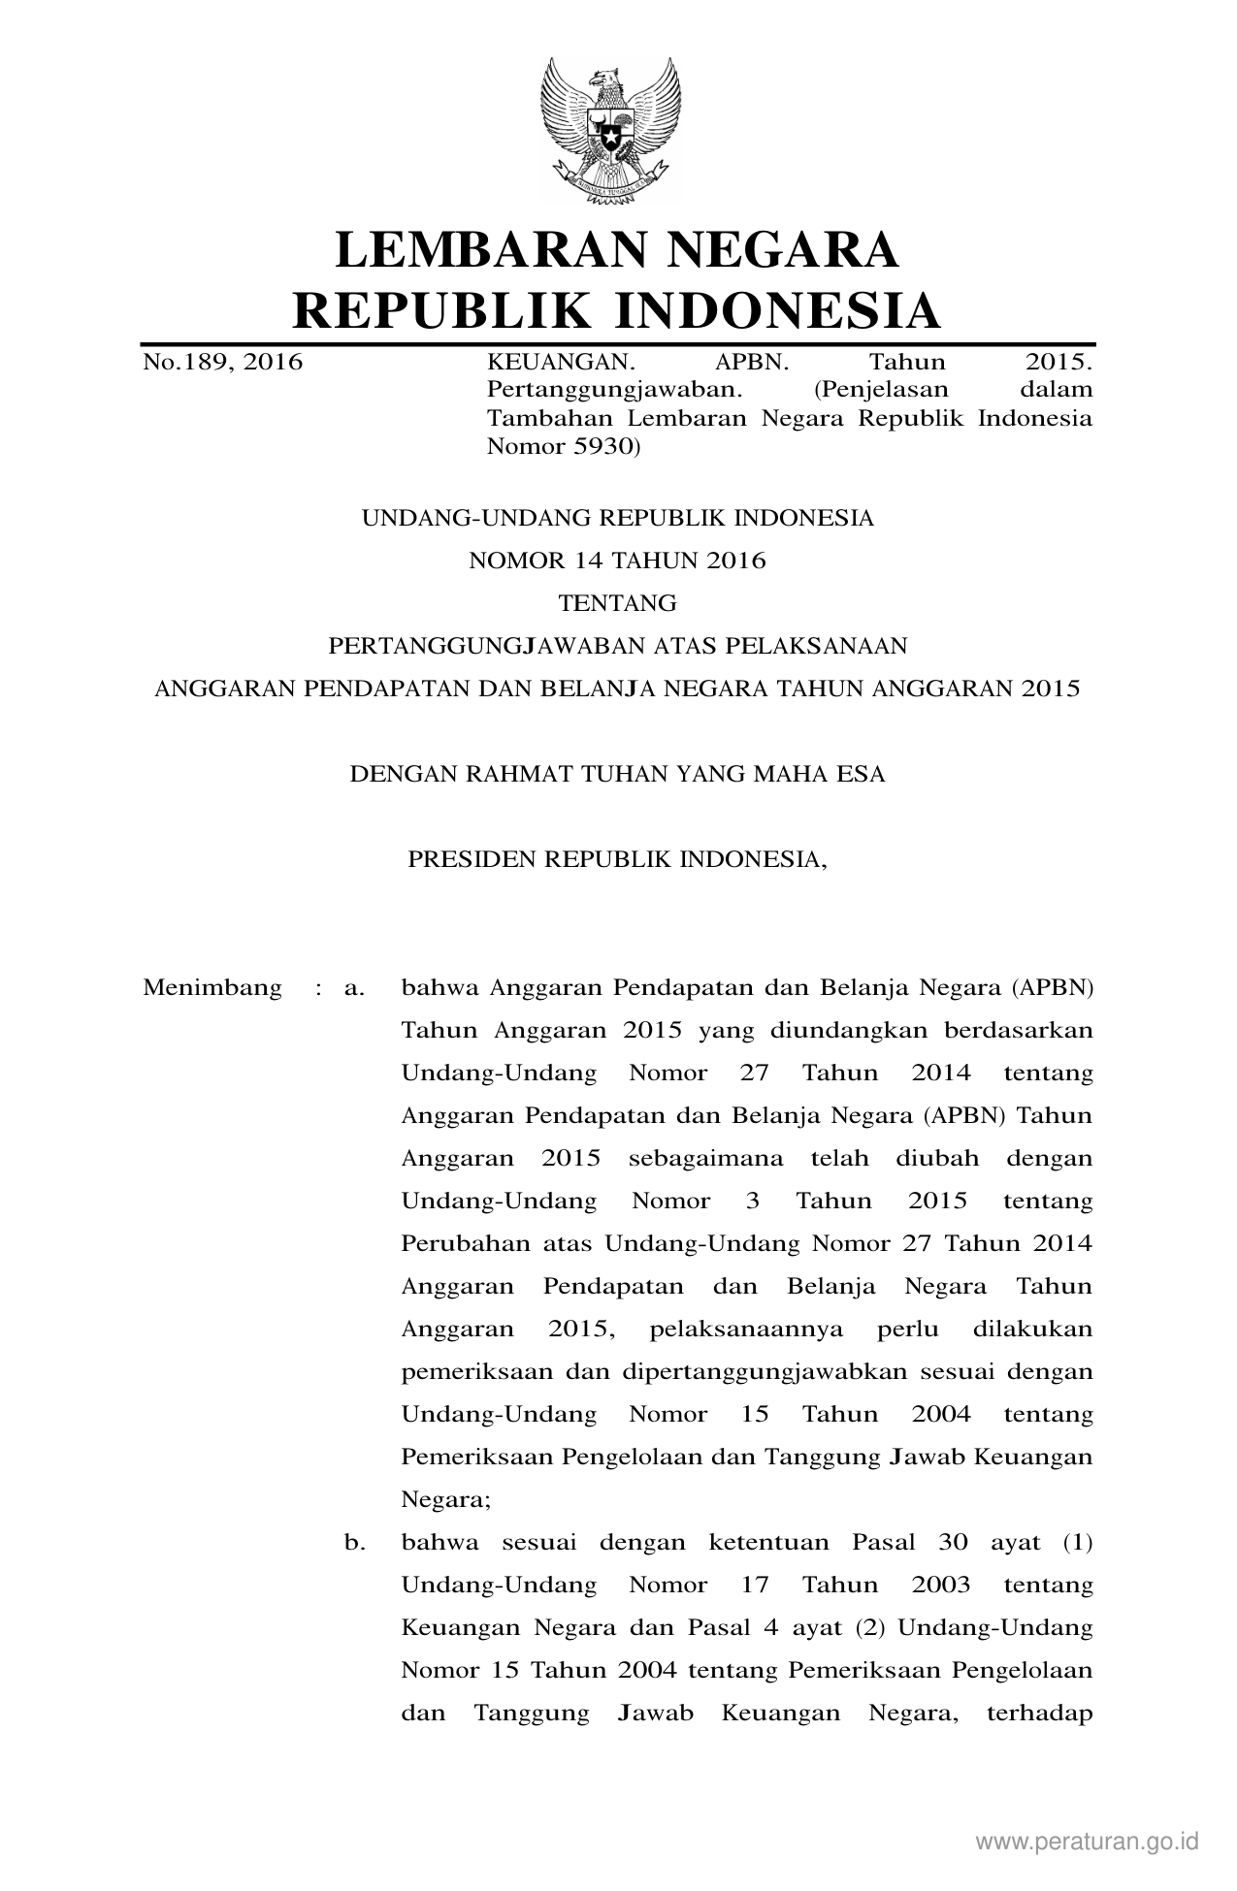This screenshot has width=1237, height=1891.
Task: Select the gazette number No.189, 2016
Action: point(223,364)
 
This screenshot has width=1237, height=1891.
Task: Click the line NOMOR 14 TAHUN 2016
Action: point(617,561)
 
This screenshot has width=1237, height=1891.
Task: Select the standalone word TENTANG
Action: point(617,603)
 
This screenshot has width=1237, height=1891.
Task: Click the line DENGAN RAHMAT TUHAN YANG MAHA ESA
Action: point(617,774)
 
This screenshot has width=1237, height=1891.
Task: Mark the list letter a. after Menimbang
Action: point(354,988)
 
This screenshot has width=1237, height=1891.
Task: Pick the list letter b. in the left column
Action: point(354,1543)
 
